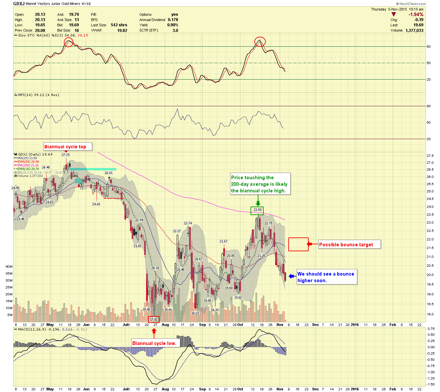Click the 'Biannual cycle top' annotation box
coord(68,147)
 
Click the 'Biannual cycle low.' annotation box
coord(154,343)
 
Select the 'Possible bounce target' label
coord(346,244)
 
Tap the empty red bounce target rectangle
coord(298,244)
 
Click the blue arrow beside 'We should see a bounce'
coord(292,277)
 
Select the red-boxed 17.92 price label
coord(154,319)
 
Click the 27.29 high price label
coord(66,155)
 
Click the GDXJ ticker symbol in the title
coord(19,4)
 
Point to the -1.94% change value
coord(416,14)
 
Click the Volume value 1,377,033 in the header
coord(414,30)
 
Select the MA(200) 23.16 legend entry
coord(27,165)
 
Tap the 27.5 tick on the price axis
coord(429,156)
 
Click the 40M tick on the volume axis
coord(9,266)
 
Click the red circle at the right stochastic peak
coord(260,41)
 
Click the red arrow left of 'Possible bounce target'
coord(309,244)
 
